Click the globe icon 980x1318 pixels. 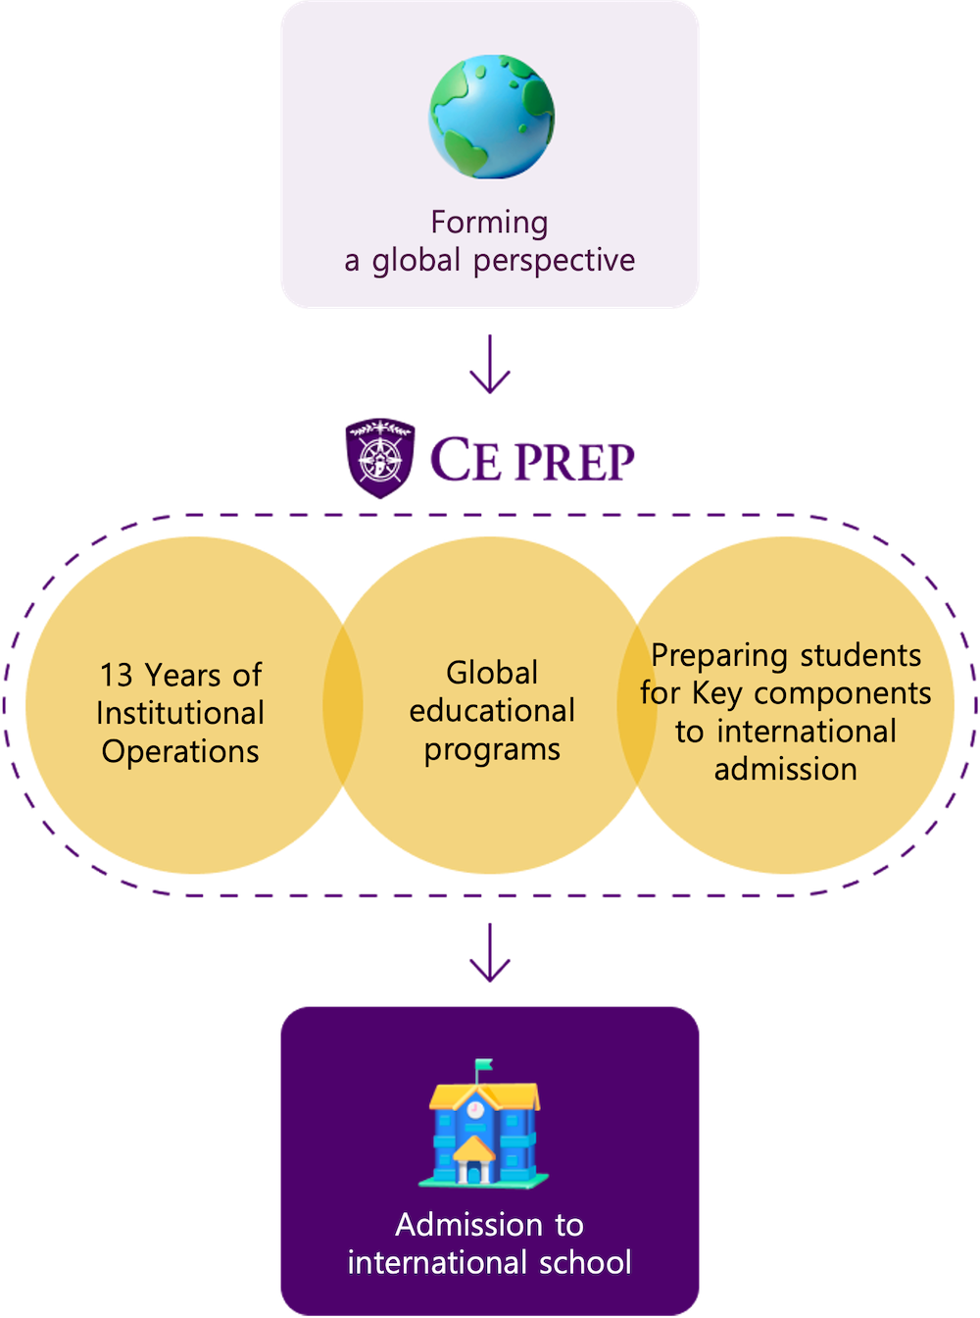491,117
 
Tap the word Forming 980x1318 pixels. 489,224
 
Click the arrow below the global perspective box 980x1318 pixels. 489,364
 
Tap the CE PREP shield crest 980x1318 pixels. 380,458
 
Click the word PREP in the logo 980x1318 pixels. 575,462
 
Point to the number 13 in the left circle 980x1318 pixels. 117,675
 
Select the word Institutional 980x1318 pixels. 180,713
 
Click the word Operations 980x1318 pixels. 180,752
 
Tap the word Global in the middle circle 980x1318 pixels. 492,673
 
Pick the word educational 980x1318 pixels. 492,711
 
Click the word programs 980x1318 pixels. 492,750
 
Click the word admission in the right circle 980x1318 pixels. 785,770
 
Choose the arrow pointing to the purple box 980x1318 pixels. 489,952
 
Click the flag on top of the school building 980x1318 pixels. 483,1064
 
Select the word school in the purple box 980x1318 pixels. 585,1263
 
